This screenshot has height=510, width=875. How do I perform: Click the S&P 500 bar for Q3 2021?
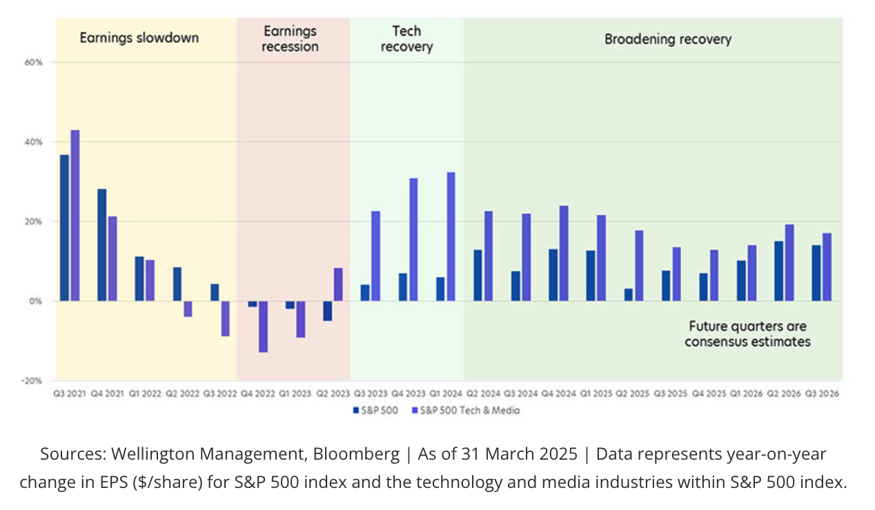point(64,228)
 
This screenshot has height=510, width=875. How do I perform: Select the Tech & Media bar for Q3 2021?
point(75,216)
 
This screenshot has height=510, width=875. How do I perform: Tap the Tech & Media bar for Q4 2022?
point(264,327)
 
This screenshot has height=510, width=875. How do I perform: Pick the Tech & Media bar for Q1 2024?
point(451,236)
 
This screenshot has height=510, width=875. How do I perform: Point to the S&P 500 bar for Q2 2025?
point(628,294)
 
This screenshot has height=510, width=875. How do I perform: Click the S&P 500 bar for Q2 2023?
point(327,311)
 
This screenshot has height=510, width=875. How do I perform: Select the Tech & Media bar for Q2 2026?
point(789,263)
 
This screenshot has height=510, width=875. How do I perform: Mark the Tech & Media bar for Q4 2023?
point(413,240)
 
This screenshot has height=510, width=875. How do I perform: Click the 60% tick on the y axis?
point(33,63)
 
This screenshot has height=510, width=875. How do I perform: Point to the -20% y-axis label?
point(32,381)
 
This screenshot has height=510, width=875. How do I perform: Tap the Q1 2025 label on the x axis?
point(596,394)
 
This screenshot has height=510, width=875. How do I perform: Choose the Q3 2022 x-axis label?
point(220,394)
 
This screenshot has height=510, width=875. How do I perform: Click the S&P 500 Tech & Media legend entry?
point(466,411)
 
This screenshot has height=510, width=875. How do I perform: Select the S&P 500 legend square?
point(356,411)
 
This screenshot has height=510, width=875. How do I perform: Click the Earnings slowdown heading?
point(139,38)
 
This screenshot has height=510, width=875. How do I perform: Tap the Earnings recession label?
point(291,39)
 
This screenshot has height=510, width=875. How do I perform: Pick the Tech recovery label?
point(406,39)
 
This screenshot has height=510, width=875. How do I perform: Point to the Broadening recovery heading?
point(668,39)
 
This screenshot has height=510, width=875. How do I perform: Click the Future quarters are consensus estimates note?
point(747,334)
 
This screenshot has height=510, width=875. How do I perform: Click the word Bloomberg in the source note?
point(356,454)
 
